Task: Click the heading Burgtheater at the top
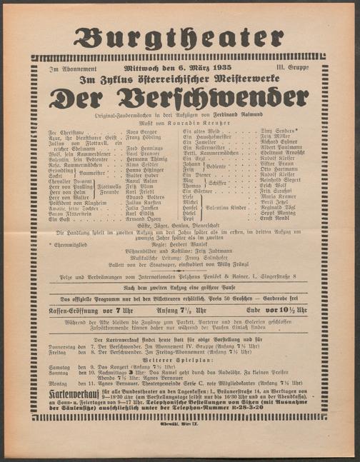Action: (179, 37)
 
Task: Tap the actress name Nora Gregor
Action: (143, 133)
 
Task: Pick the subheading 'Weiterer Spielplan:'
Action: (179, 360)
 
